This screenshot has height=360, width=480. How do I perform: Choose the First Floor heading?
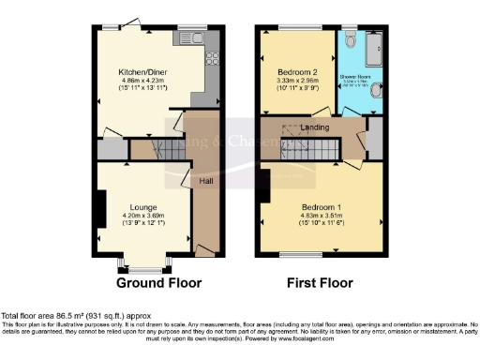tap(318, 282)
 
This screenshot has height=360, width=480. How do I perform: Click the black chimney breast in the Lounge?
tap(97, 204)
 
